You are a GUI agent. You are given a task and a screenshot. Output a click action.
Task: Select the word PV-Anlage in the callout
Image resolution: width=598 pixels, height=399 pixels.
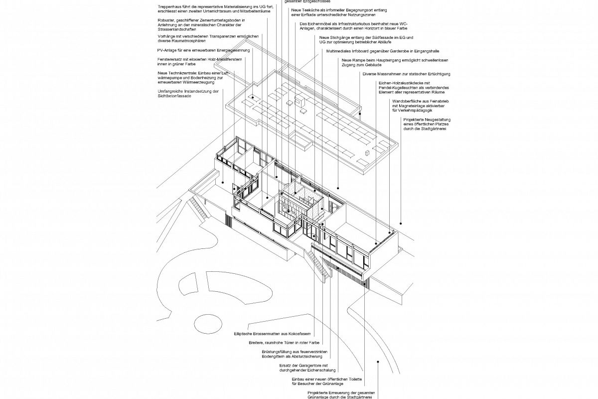[166, 50]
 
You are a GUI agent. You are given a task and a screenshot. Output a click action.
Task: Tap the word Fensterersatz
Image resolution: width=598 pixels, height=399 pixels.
[170, 59]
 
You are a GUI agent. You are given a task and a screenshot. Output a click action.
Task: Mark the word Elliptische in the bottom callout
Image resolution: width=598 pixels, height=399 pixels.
[244, 333]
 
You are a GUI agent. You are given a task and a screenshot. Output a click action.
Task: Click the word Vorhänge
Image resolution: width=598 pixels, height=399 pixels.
[165, 36]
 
